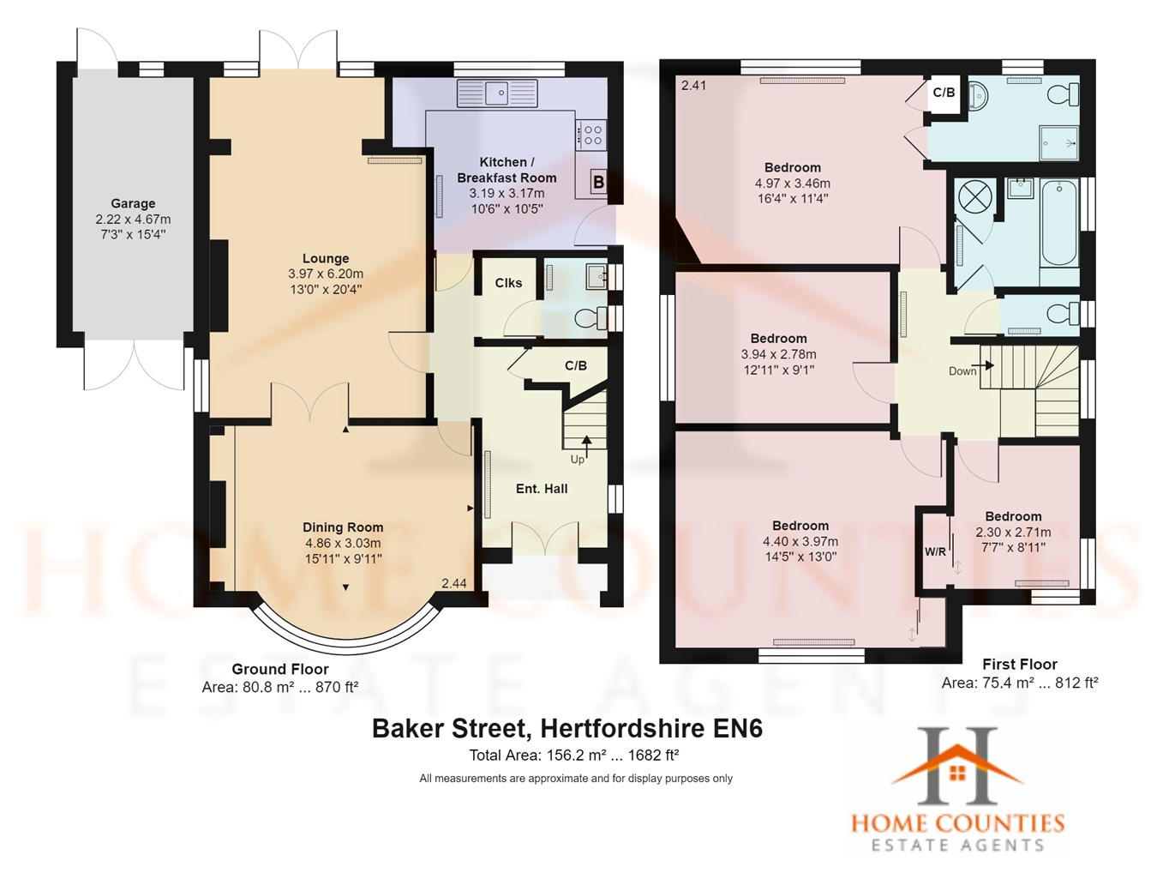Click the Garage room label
pyautogui.click(x=133, y=203)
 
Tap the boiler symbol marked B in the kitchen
pyautogui.click(x=598, y=182)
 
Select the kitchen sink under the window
pyautogui.click(x=496, y=91)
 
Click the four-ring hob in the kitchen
pyautogui.click(x=592, y=135)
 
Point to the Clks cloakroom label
pyautogui.click(x=508, y=283)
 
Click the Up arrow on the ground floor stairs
pyautogui.click(x=586, y=443)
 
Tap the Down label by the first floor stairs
pyautogui.click(x=962, y=371)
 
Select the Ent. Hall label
pyautogui.click(x=542, y=489)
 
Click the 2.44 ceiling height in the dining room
pyautogui.click(x=454, y=583)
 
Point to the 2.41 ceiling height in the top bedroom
pyautogui.click(x=693, y=85)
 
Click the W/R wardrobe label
pyautogui.click(x=935, y=551)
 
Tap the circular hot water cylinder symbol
pyautogui.click(x=974, y=196)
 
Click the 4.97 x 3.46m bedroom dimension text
pyautogui.click(x=792, y=184)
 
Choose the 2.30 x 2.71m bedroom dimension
pyautogui.click(x=1013, y=532)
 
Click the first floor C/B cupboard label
pyautogui.click(x=944, y=93)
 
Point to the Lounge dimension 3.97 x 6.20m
pyautogui.click(x=326, y=274)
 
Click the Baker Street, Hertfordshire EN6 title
pyautogui.click(x=567, y=729)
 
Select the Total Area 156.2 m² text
pyautogui.click(x=573, y=756)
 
